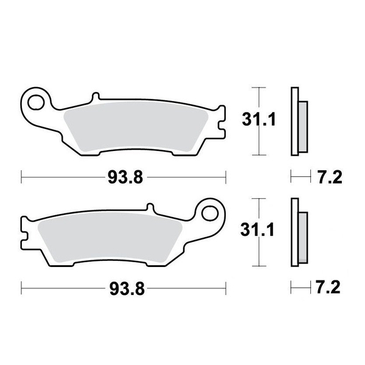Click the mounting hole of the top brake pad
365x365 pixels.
[37, 100]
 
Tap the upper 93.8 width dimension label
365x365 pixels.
[125, 178]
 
